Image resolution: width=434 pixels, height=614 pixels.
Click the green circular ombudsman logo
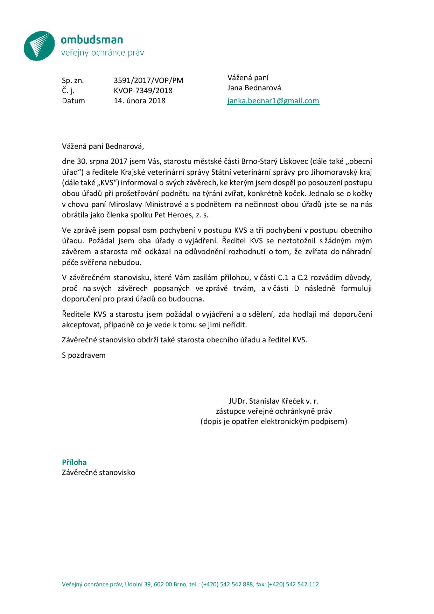(39, 46)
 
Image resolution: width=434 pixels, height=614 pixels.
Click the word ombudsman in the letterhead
(92, 40)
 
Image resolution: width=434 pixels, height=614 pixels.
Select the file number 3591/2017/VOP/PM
(148, 81)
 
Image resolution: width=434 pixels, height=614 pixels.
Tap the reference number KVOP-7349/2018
(143, 91)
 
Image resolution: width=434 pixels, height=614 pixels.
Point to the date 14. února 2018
(140, 101)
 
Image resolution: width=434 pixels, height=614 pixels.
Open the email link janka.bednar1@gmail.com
(273, 101)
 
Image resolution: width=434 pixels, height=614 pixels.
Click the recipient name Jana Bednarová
(254, 88)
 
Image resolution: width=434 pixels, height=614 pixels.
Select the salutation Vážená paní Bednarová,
(103, 146)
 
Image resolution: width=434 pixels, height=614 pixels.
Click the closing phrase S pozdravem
(84, 355)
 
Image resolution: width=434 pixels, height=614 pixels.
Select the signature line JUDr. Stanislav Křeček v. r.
(273, 401)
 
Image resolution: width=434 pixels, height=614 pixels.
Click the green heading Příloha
(74, 462)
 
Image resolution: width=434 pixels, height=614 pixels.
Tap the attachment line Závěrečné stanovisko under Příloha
(98, 473)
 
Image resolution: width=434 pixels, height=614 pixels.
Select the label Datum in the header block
(73, 101)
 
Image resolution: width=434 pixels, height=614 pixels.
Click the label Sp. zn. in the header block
(73, 81)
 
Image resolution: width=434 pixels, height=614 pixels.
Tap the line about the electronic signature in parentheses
(274, 421)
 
